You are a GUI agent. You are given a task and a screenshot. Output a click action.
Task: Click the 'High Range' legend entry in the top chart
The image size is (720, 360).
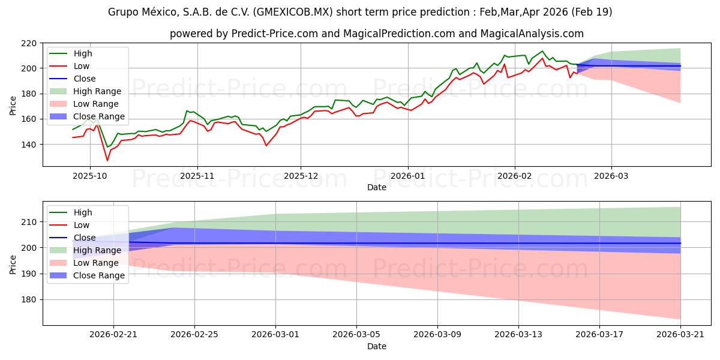(97, 91)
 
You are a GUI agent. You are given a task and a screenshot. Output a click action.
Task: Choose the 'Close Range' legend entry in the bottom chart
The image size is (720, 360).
(100, 275)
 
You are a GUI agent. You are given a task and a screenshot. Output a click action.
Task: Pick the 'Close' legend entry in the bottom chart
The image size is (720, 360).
(85, 238)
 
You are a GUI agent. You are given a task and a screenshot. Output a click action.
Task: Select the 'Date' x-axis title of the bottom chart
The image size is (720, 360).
(376, 346)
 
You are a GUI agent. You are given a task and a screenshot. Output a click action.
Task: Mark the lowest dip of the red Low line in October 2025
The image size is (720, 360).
(107, 160)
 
